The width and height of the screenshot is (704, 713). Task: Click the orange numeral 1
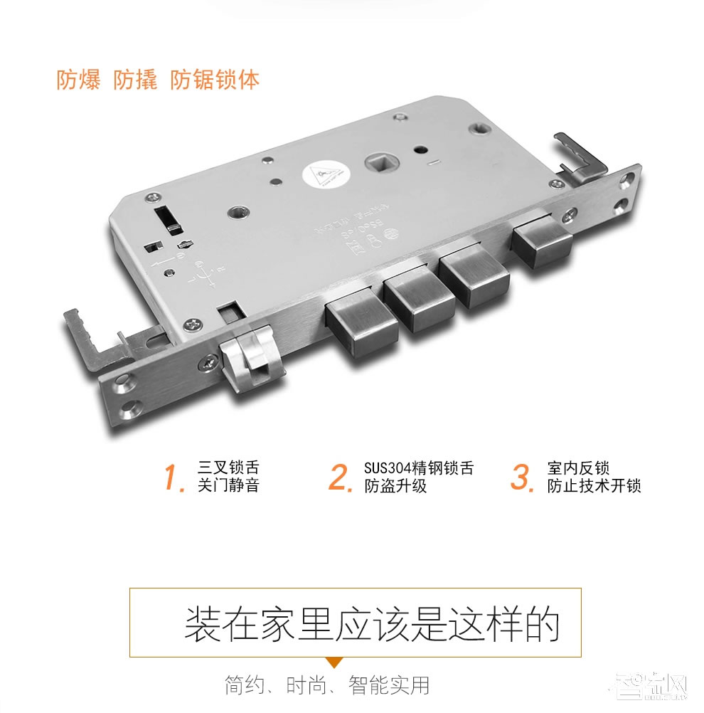(x=174, y=477)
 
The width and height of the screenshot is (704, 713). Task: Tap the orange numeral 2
(x=341, y=477)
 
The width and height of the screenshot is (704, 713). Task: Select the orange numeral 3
(x=523, y=477)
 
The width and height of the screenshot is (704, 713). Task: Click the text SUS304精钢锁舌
(x=418, y=468)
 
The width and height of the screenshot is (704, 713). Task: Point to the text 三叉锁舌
(x=228, y=468)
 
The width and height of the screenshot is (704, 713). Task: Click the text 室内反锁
(x=578, y=468)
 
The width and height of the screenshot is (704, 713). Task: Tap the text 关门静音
(x=228, y=487)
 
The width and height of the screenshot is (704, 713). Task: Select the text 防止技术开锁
(x=594, y=487)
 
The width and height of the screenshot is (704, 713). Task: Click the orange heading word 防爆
(x=80, y=79)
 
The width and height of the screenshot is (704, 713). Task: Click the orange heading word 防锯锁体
(x=215, y=79)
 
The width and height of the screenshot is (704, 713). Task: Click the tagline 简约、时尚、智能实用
(x=326, y=686)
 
